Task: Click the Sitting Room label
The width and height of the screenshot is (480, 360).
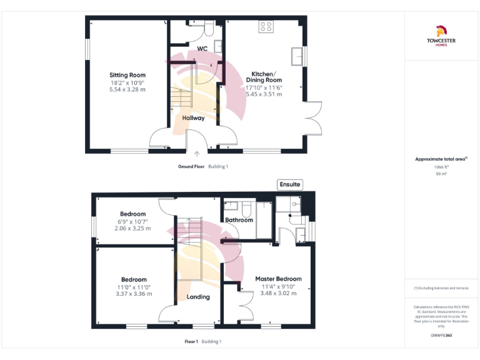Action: pyautogui.click(x=127, y=75)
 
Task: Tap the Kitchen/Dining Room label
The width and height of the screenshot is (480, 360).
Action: pyautogui.click(x=263, y=76)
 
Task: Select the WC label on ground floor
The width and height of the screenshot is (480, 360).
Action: pyautogui.click(x=202, y=48)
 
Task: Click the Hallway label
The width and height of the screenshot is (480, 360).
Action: pyautogui.click(x=193, y=117)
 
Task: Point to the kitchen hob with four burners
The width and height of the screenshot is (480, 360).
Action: pyautogui.click(x=266, y=27)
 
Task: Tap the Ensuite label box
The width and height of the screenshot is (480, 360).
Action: pyautogui.click(x=291, y=184)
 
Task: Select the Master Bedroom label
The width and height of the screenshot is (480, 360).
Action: pyautogui.click(x=278, y=279)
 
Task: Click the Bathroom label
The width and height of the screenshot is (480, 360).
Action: pyautogui.click(x=239, y=220)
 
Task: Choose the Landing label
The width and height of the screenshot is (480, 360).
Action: pyautogui.click(x=198, y=297)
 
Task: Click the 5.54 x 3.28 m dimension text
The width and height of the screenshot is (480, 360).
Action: pyautogui.click(x=127, y=89)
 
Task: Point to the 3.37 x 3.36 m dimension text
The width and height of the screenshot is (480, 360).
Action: pyautogui.click(x=134, y=294)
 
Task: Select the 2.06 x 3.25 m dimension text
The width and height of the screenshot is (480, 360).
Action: pyautogui.click(x=134, y=228)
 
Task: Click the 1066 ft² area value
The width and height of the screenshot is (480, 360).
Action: pyautogui.click(x=441, y=167)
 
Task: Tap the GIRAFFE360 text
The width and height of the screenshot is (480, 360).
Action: pyautogui.click(x=441, y=336)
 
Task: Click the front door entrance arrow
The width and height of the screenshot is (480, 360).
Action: pyautogui.click(x=197, y=152)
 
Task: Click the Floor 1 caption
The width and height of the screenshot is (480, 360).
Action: pyautogui.click(x=191, y=341)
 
